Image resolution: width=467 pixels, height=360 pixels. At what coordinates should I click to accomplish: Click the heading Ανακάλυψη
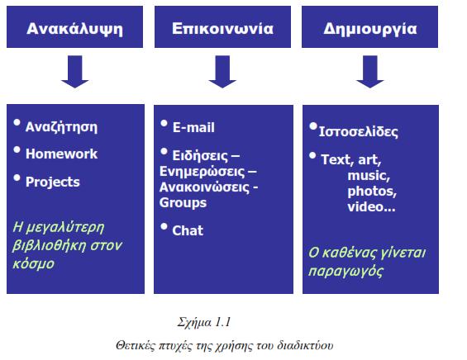(74, 29)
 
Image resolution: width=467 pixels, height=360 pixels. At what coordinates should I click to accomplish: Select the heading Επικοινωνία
(222, 29)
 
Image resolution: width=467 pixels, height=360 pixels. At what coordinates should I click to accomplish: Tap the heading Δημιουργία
(370, 29)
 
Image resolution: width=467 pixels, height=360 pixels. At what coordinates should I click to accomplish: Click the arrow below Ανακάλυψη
(74, 71)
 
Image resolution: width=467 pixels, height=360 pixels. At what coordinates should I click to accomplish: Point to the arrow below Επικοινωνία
(222, 71)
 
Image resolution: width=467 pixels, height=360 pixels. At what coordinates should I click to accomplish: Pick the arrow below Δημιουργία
(370, 71)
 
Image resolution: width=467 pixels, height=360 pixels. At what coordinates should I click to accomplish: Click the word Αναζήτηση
(61, 127)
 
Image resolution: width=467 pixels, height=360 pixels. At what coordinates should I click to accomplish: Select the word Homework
(61, 154)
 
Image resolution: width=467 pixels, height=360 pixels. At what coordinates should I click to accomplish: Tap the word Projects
(53, 182)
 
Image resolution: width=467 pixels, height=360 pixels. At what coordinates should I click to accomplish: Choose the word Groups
(183, 203)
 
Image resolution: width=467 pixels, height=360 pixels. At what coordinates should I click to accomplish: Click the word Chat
(188, 230)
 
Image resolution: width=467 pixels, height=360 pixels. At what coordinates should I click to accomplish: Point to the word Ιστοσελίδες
(358, 132)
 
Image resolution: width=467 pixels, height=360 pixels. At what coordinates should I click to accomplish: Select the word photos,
(372, 192)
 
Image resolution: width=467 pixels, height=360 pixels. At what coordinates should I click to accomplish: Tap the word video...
(366, 207)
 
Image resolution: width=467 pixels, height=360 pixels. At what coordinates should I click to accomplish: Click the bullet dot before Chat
(164, 227)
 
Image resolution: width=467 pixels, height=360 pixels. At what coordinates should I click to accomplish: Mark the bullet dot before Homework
(17, 149)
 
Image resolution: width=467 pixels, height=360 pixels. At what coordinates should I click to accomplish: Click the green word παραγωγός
(345, 272)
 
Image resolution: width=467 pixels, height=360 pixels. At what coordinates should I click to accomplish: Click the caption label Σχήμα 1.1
(204, 322)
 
